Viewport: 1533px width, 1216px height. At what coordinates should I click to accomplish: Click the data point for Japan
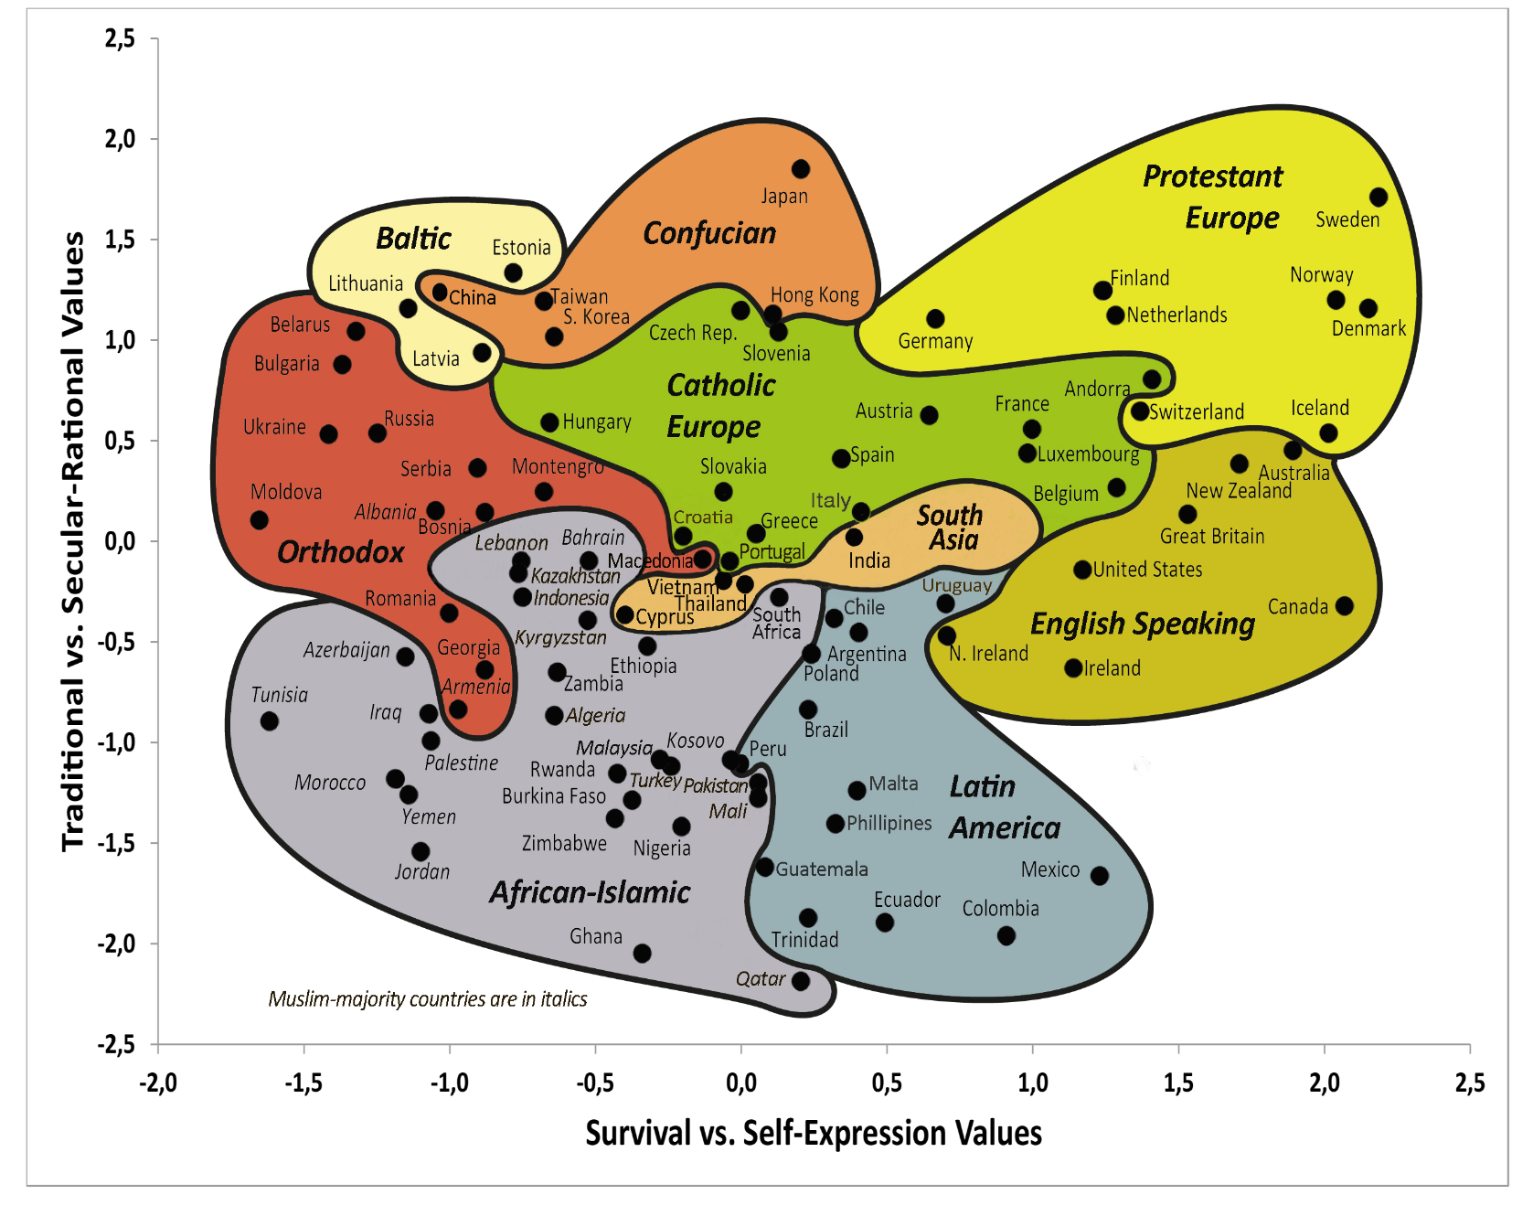click(x=800, y=169)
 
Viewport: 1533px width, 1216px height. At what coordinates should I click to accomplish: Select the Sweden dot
click(x=1379, y=197)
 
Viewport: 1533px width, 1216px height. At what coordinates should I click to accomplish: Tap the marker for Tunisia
click(x=269, y=721)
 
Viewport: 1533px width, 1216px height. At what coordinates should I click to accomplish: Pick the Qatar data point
click(x=800, y=981)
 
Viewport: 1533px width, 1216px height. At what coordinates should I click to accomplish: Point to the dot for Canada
click(x=1344, y=606)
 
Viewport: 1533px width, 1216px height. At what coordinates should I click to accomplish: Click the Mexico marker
click(x=1100, y=876)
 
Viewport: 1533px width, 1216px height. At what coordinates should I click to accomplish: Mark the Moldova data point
click(x=260, y=520)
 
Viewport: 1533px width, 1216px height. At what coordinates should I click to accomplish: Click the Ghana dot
click(x=642, y=954)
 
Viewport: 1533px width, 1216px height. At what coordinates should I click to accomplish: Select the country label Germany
click(x=935, y=341)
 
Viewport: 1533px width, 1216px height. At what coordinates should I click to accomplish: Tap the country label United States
click(x=1147, y=570)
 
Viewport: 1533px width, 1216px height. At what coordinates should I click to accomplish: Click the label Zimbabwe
click(x=564, y=843)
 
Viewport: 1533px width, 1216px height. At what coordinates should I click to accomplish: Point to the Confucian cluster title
click(x=709, y=234)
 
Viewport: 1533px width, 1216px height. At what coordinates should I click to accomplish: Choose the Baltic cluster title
click(x=413, y=239)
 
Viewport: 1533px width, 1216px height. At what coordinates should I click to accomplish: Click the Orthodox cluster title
click(x=340, y=552)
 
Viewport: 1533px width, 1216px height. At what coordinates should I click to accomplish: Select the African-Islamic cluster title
click(x=590, y=892)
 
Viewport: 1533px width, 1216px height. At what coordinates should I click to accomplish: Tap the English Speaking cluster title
click(x=1143, y=624)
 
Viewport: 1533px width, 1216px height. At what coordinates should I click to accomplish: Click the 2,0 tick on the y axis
click(x=120, y=139)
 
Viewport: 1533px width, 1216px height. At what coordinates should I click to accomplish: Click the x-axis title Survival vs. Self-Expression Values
click(x=814, y=1134)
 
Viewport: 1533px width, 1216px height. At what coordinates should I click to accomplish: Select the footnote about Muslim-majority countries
click(x=428, y=999)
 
